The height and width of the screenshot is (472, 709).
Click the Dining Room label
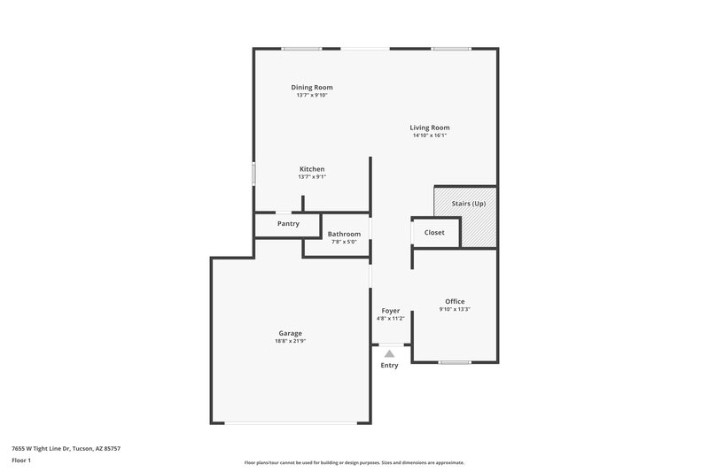point(312,88)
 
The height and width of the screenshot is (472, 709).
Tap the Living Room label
point(430,128)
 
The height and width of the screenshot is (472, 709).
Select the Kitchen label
point(312,169)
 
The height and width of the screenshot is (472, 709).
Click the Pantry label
point(288,224)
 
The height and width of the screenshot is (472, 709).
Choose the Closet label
point(434,233)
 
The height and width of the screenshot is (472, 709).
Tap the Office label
point(455,302)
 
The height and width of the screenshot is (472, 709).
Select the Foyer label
point(391,311)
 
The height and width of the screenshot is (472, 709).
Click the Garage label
point(290,333)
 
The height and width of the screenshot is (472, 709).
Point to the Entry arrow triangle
point(389,353)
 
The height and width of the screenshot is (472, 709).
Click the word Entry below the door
point(390,365)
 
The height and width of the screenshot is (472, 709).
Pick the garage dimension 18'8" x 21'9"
point(290,341)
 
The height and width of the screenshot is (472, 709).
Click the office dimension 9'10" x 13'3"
point(455,310)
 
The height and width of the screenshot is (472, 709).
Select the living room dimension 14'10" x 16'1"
point(430,135)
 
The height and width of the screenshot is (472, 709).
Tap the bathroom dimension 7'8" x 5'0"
point(344,242)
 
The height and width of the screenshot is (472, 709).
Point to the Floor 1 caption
point(21,461)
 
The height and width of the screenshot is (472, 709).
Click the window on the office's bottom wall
point(455,361)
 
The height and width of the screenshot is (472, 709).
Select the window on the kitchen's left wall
point(254,174)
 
